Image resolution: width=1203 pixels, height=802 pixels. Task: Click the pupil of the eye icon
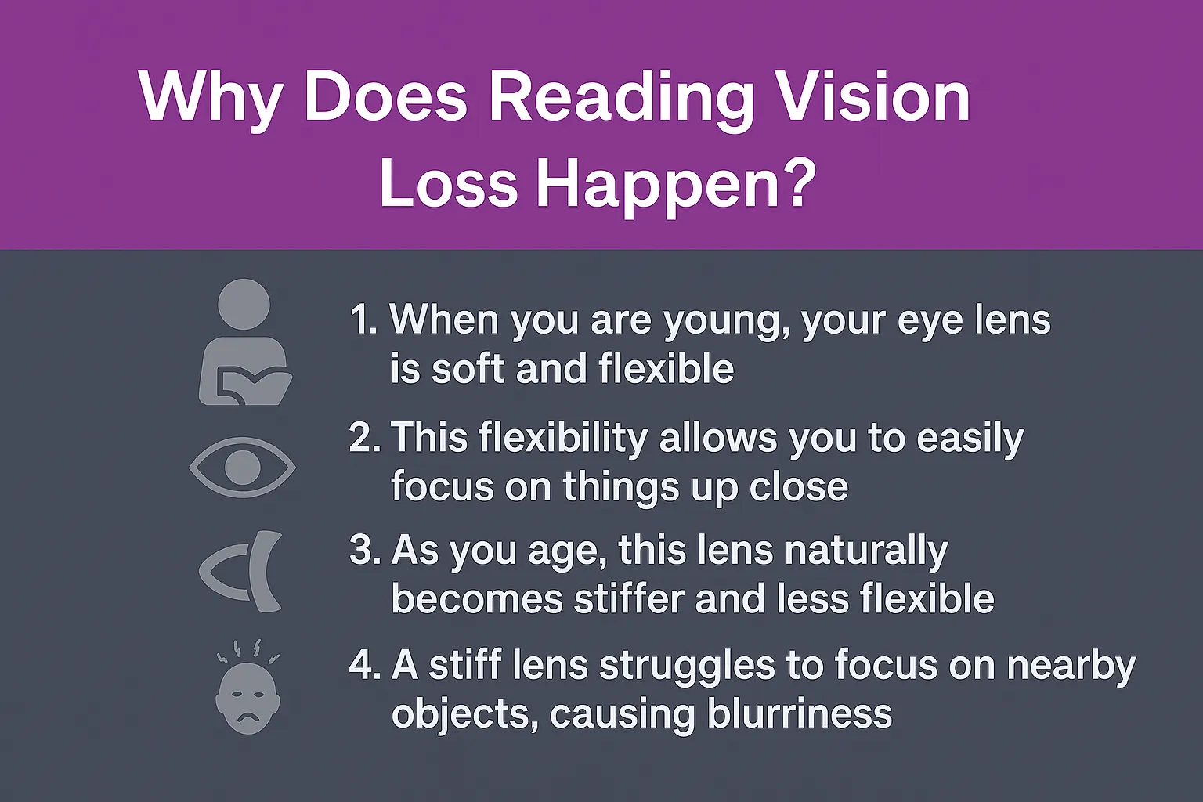(243, 468)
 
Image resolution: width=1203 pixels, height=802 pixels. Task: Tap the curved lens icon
(243, 571)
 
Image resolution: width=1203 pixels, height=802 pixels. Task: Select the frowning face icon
(247, 698)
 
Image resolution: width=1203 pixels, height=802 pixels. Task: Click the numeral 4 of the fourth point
(361, 665)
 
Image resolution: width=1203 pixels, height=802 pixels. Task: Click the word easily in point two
(970, 439)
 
